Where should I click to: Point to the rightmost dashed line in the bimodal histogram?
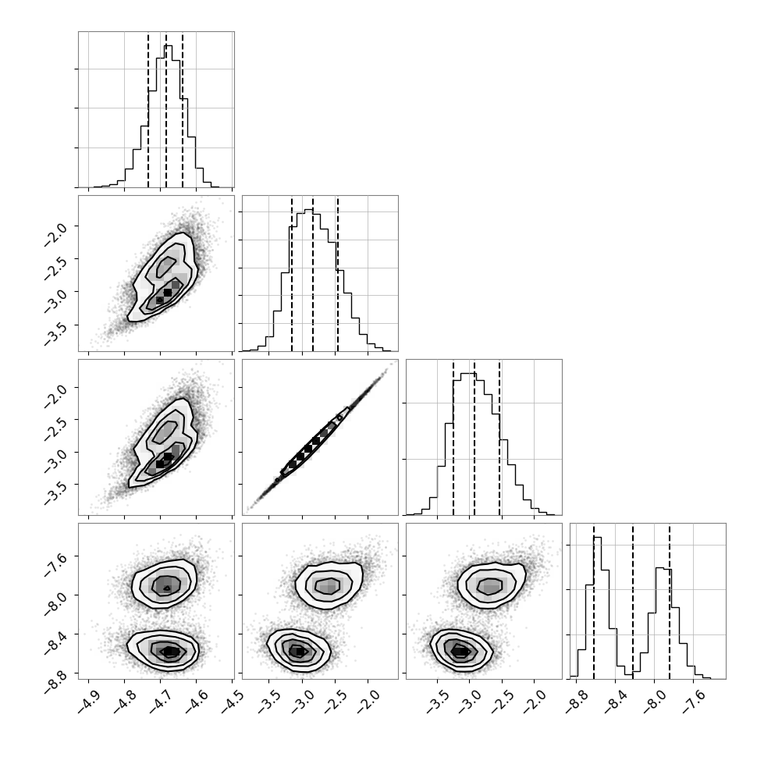[670, 601]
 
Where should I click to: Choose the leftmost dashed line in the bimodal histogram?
[594, 601]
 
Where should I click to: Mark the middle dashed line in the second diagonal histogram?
[313, 274]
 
